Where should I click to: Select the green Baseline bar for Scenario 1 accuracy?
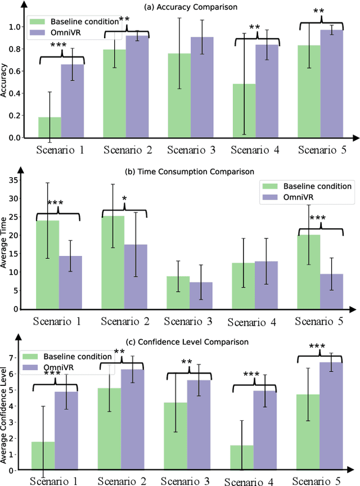tap(49, 128)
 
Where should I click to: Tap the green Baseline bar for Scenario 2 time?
tap(113, 262)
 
